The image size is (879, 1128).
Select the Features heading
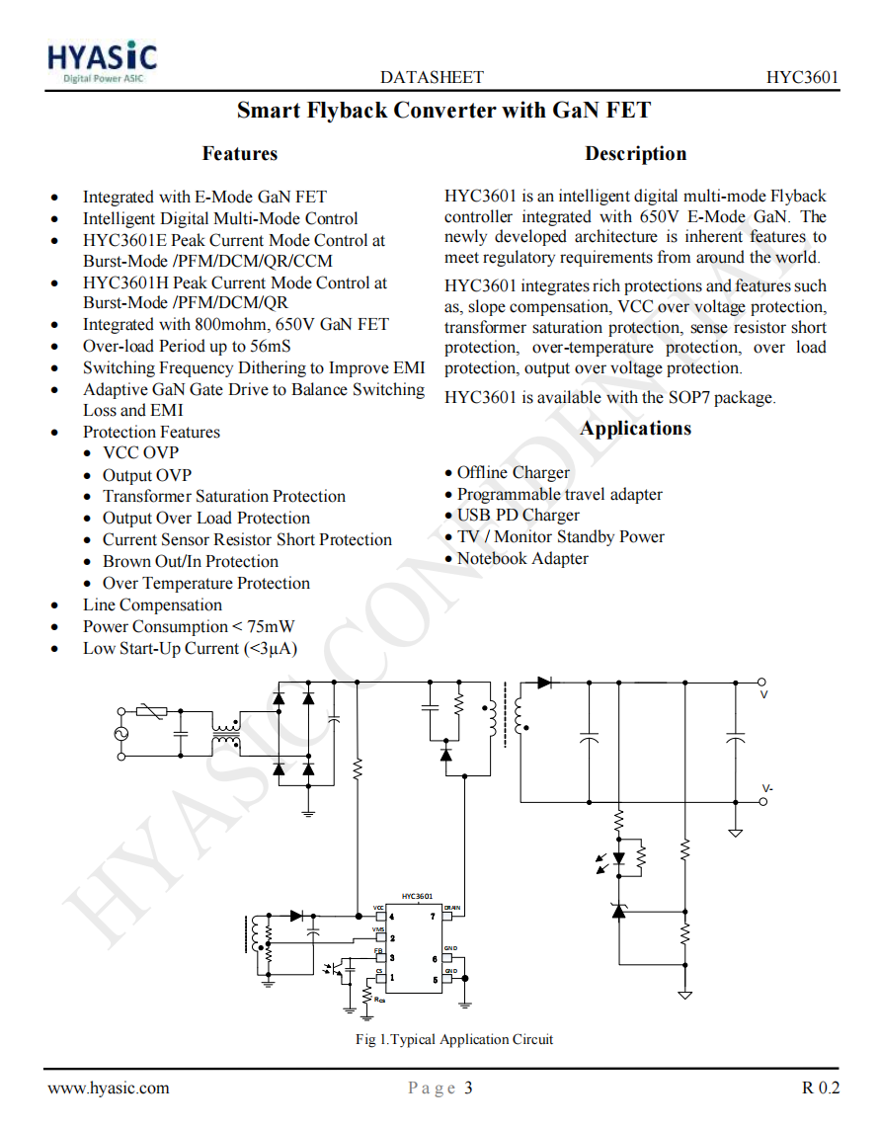(x=239, y=154)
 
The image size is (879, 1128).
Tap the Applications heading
(x=635, y=429)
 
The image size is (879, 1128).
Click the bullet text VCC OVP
(x=141, y=453)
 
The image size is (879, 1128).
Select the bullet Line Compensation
(x=152, y=605)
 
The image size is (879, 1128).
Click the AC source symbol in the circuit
(x=122, y=734)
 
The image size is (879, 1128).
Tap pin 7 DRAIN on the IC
(x=446, y=916)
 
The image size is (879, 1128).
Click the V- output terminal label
(x=767, y=788)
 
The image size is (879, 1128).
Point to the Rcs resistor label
(x=380, y=1000)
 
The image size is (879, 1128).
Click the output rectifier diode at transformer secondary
(x=544, y=682)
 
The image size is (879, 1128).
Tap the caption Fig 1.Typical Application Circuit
(x=454, y=1039)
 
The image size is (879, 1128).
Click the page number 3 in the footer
(x=468, y=1088)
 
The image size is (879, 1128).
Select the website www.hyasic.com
(x=109, y=1088)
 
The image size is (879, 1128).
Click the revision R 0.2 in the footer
(x=820, y=1088)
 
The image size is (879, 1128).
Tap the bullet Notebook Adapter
(x=521, y=559)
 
